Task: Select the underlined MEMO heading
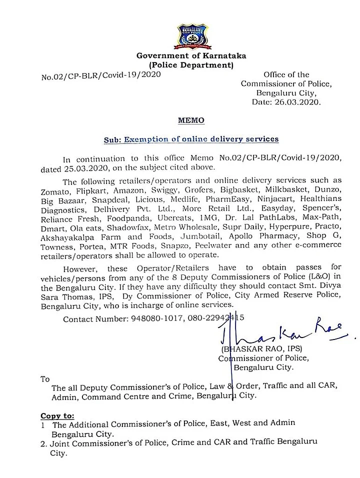[191, 120]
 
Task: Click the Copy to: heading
[57, 415]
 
